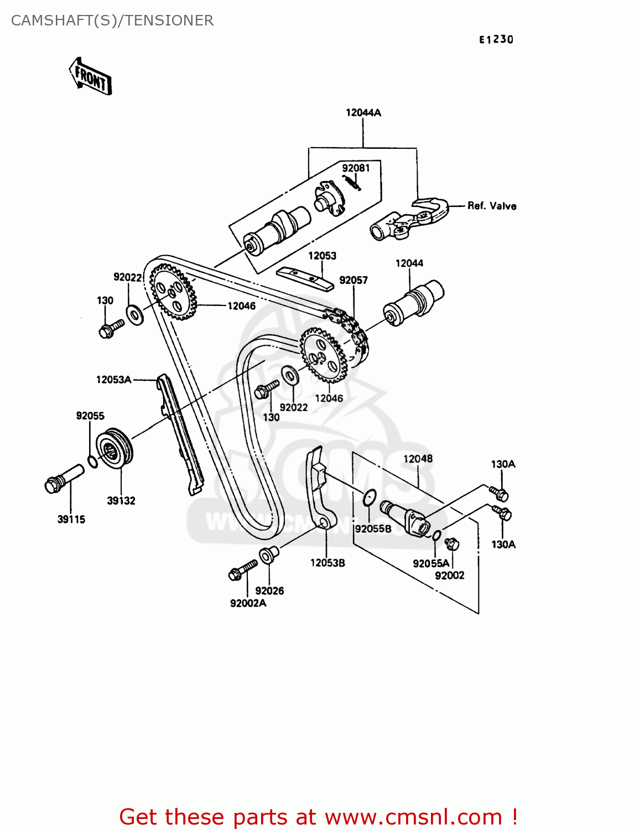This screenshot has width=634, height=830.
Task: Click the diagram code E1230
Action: pos(496,39)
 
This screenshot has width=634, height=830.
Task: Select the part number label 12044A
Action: pos(363,112)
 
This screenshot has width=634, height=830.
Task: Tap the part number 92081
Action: pos(356,168)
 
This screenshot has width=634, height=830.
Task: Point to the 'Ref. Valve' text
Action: pos(492,206)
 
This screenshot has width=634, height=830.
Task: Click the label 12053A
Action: pos(113,380)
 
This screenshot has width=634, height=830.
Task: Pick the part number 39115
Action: pos(71,519)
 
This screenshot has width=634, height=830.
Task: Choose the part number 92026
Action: pos(269,590)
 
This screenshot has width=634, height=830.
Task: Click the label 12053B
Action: pos(328,563)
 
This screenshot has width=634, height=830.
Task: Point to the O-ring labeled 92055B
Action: pos(370,497)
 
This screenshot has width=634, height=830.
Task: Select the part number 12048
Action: pos(418,459)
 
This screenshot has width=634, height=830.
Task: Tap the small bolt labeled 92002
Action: pos(452,544)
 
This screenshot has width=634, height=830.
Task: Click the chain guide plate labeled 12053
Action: pos(305,278)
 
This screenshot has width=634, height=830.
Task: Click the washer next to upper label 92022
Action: pos(134,315)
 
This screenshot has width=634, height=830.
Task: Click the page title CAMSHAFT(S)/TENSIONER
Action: pos(112,20)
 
